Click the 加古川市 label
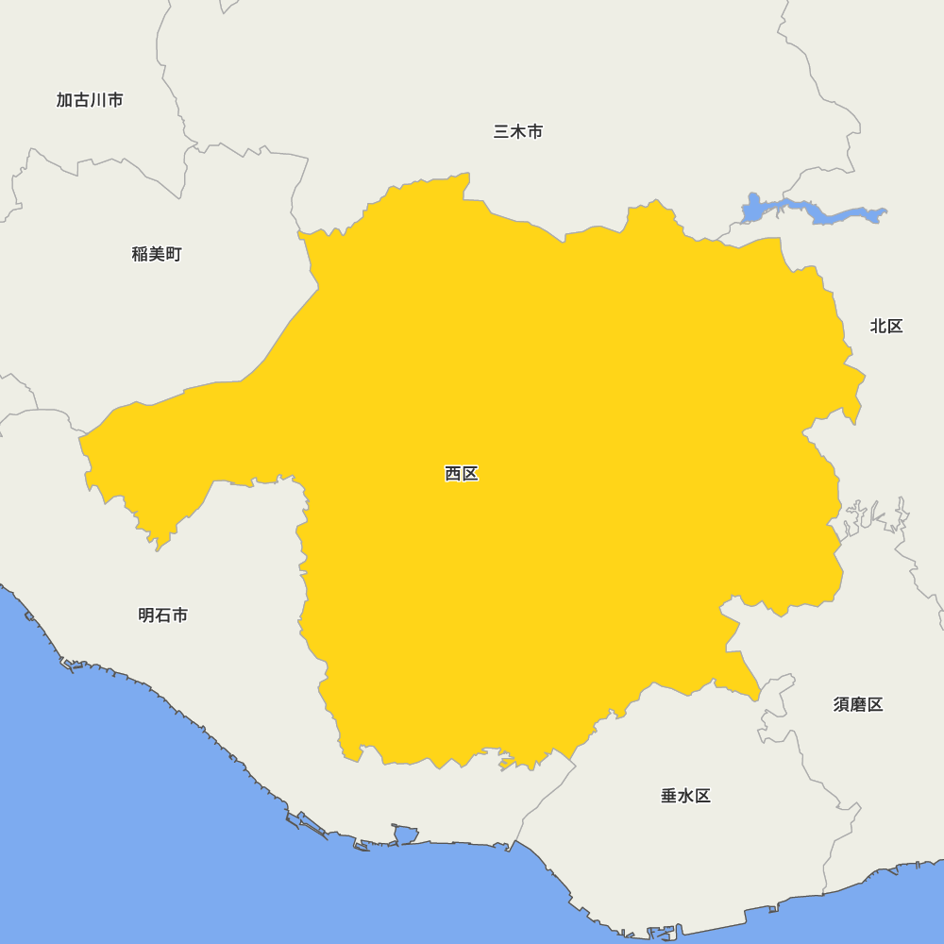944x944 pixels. (x=90, y=100)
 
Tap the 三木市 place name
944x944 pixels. (x=518, y=132)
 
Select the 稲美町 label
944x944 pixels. (x=157, y=254)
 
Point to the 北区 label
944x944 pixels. (x=886, y=327)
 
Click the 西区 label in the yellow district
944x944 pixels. (x=462, y=474)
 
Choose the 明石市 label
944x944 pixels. (x=162, y=615)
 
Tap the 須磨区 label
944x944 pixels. (x=858, y=704)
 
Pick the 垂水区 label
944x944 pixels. (x=685, y=796)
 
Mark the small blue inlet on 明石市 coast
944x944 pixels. (x=405, y=834)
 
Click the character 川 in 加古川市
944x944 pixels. (x=98, y=100)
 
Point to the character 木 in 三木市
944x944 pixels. (x=518, y=132)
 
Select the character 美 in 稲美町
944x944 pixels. (x=157, y=254)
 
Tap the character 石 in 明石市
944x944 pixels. (x=162, y=615)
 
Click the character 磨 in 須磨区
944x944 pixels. (x=858, y=704)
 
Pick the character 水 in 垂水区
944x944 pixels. (x=685, y=796)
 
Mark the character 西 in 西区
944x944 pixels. (x=453, y=474)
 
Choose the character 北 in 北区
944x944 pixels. (x=878, y=327)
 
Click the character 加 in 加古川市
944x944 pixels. (x=64, y=100)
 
